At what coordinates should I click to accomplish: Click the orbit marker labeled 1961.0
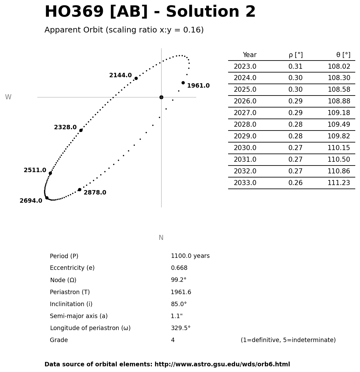pos(183,83)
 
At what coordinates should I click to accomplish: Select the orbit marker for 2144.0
pos(136,78)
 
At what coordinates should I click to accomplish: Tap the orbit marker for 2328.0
pos(81,130)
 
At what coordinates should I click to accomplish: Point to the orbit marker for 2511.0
pos(50,173)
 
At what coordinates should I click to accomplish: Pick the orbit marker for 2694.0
pos(47,198)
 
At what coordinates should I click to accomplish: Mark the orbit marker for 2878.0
pos(80,189)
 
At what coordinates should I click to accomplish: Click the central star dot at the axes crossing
pos(161,97)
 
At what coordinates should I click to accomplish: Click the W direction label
pos(8,97)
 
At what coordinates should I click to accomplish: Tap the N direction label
pos(161,238)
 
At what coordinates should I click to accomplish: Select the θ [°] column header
pos(343,55)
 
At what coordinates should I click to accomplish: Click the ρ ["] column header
pos(295,55)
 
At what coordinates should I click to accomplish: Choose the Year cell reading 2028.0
pos(245,125)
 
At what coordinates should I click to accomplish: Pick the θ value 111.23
pos(339,183)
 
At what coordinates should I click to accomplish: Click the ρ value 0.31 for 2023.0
pos(295,67)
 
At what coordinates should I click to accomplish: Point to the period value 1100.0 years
pos(190,256)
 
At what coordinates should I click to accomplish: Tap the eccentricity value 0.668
pos(179,268)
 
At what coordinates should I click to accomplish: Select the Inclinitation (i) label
pos(71,304)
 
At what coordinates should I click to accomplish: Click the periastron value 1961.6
pos(181,292)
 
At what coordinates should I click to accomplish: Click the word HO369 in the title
pos(74,12)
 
